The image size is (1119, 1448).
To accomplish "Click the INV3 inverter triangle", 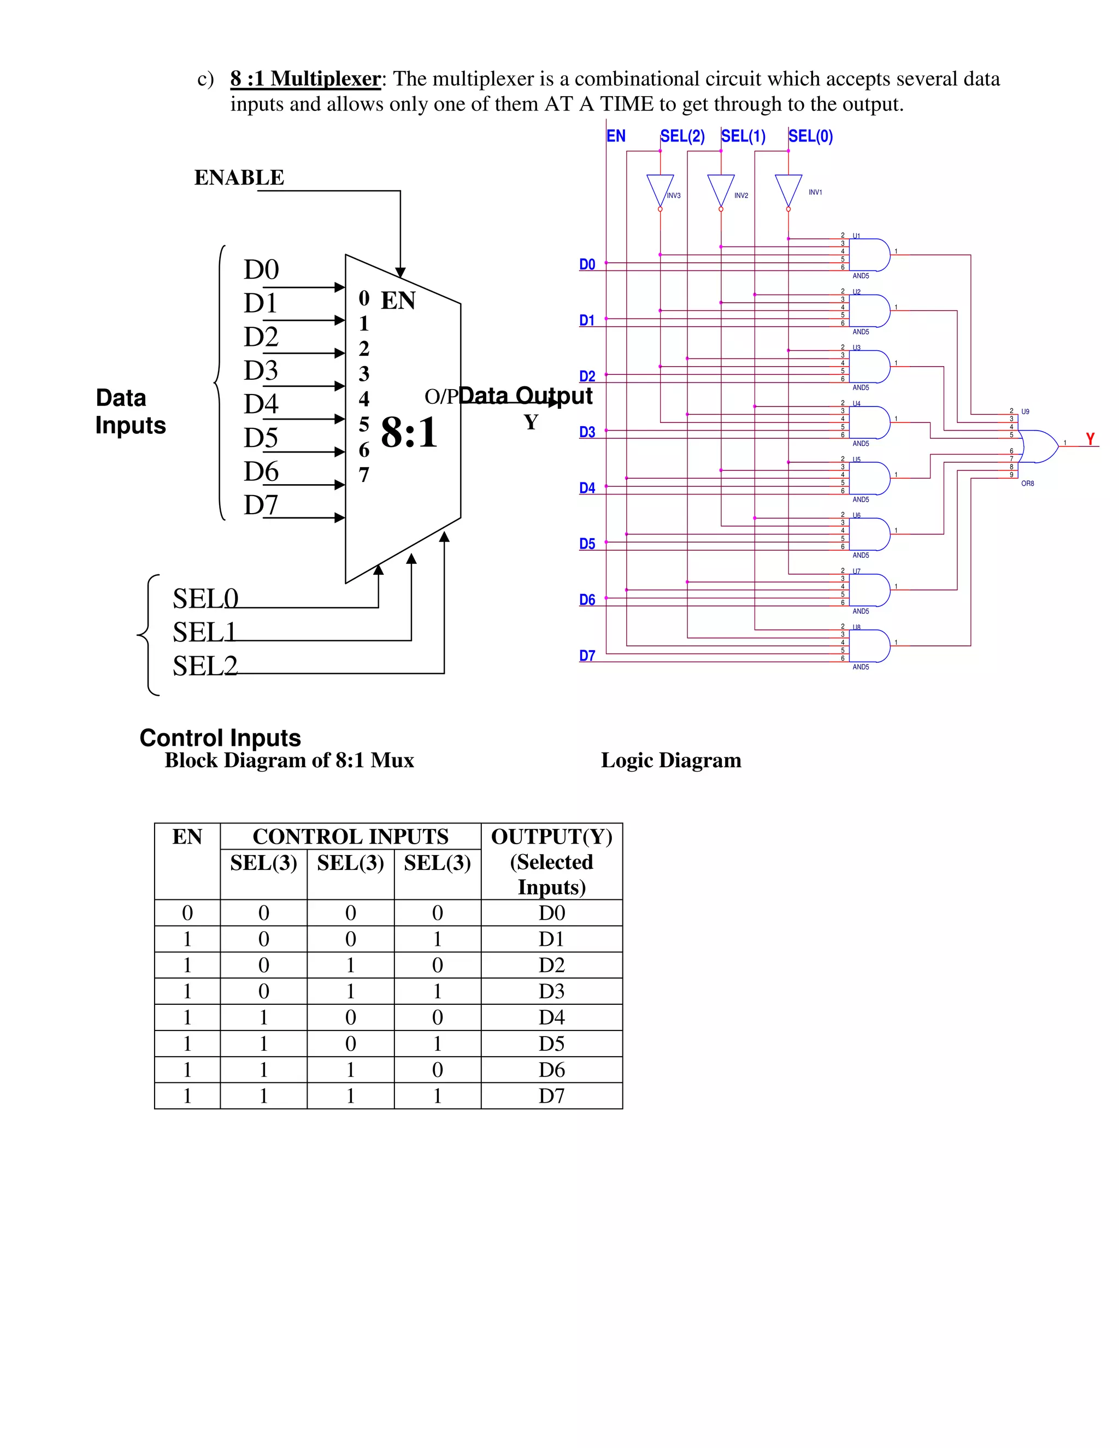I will click(x=660, y=189).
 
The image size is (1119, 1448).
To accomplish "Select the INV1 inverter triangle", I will click(x=788, y=189).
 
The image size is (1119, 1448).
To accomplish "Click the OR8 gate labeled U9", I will click(x=1038, y=446).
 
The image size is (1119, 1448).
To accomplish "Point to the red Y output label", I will click(x=1090, y=439).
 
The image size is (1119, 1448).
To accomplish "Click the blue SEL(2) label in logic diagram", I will click(x=682, y=137).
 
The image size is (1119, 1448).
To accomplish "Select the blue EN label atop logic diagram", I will click(x=616, y=137).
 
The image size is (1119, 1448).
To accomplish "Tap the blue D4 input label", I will click(x=587, y=488).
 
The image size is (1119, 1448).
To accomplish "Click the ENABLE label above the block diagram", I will click(x=239, y=178).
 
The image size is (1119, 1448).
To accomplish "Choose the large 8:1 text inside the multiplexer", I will click(x=409, y=433).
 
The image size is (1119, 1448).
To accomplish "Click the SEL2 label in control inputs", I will click(x=205, y=666).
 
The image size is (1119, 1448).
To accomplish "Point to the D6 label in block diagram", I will click(x=261, y=472).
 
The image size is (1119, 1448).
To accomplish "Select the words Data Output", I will click(x=525, y=396).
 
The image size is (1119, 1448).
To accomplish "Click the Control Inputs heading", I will click(x=220, y=738).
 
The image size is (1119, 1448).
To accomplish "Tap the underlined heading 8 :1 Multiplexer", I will click(x=305, y=79).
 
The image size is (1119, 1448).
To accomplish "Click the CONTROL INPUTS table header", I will click(x=350, y=837).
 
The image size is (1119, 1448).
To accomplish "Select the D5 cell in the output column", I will click(x=551, y=1044).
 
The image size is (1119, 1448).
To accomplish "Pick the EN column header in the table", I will click(x=187, y=837).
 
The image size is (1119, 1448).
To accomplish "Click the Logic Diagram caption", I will click(x=671, y=761).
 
